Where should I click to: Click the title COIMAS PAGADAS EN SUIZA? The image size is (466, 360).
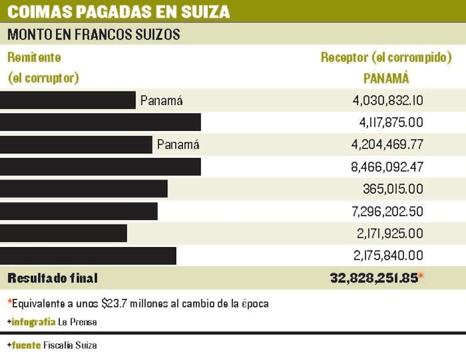pos(118,11)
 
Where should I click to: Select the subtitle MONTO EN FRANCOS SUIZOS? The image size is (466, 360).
pos(93,34)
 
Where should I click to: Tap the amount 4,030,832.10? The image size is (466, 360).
pos(388,100)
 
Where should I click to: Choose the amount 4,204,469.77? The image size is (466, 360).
pos(388,144)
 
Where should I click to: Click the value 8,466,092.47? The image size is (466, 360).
pos(387,167)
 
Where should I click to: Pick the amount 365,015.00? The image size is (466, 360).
pos(393,189)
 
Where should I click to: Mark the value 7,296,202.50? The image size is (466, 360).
pos(388,211)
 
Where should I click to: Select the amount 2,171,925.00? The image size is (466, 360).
pos(388,233)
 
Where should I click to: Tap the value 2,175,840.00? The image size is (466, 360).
pos(388,256)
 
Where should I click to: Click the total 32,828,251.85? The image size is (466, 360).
pos(373,278)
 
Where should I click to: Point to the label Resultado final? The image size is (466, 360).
pos(53,278)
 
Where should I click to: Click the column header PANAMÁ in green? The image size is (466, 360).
pos(386,78)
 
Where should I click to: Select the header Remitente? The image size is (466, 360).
pos(34,58)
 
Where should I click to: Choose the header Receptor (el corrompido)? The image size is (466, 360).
pos(386,58)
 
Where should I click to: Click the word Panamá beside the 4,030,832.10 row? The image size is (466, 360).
pos(161,100)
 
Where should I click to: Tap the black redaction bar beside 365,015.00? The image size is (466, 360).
pos(84,189)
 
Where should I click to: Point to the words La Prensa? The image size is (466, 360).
pos(77,322)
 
